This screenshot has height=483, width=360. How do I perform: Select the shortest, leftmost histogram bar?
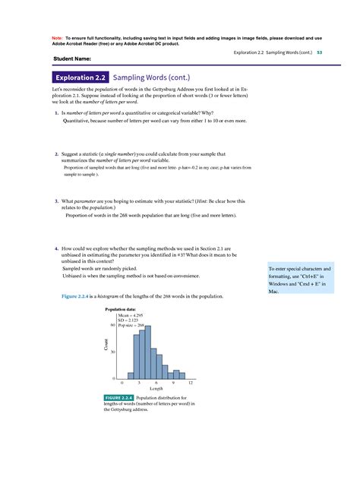pos(130,375)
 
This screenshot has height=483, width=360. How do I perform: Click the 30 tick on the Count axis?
pos(113,352)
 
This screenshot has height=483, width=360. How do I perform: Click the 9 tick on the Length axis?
pos(174,383)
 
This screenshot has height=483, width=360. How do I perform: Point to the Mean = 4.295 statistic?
pos(131,315)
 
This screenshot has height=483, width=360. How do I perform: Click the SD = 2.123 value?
pos(129,320)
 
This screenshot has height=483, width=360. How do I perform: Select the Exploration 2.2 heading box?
pos(79,77)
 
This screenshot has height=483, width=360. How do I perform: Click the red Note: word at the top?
pos(58,37)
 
